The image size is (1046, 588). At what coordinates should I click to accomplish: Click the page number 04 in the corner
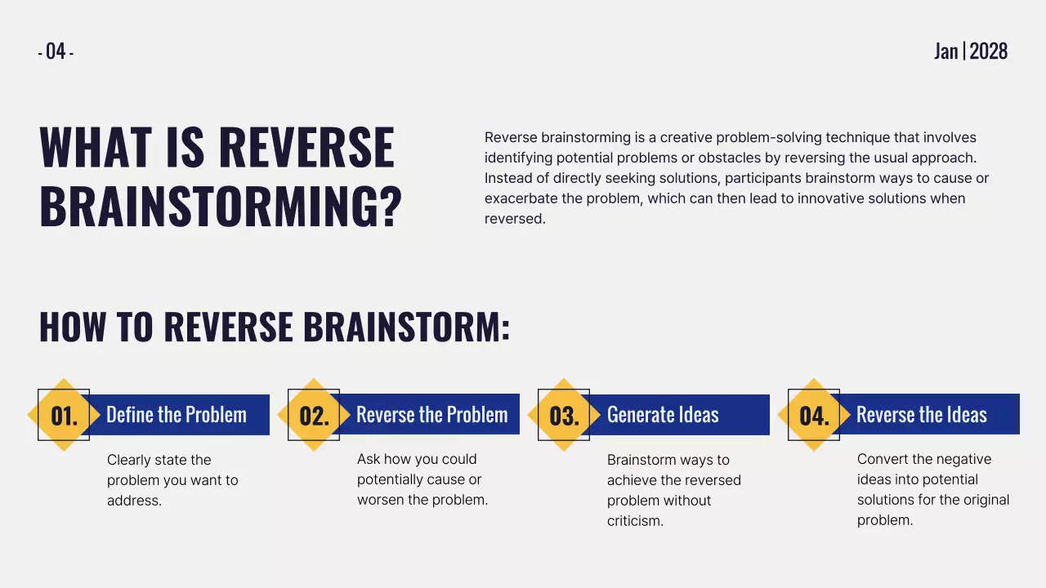tap(56, 51)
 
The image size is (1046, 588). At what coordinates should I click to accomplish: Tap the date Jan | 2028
tap(971, 51)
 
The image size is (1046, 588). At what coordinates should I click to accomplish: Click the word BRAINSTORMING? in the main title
tap(221, 207)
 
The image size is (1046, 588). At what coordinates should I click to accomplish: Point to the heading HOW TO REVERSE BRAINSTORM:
tap(275, 327)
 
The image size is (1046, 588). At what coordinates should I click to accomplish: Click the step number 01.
tap(64, 416)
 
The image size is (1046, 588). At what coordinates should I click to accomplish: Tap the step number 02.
tap(314, 416)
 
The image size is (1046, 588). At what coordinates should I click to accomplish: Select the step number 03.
tap(564, 416)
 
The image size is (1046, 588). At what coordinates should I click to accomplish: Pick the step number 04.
tap(814, 416)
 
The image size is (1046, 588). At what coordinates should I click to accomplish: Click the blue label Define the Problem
tap(177, 415)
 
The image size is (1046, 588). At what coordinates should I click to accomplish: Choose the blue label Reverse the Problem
tap(431, 415)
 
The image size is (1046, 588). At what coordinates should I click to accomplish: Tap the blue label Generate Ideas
tap(663, 415)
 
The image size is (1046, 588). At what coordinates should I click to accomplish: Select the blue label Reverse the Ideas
tap(922, 415)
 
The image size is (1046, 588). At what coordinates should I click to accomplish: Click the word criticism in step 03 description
tap(635, 521)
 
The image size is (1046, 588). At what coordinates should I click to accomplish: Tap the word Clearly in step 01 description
tap(130, 460)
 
